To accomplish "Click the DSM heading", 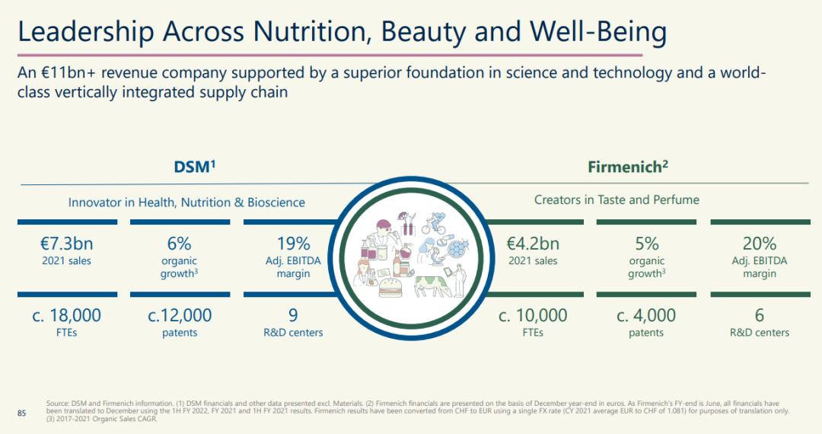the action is pyautogui.click(x=195, y=167).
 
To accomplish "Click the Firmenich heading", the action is pyautogui.click(x=627, y=167).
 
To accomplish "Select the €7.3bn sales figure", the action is pyautogui.click(x=66, y=244).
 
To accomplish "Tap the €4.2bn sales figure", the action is pyautogui.click(x=533, y=244).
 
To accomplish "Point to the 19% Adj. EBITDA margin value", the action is pyautogui.click(x=294, y=244).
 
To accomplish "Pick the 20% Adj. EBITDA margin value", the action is pyautogui.click(x=759, y=244).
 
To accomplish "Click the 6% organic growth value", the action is pyautogui.click(x=180, y=244).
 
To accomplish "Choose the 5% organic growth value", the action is pyautogui.click(x=646, y=244).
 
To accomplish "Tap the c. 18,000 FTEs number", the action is pyautogui.click(x=66, y=315).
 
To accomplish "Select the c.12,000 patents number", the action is pyautogui.click(x=180, y=315).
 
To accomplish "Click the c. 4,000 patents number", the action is pyautogui.click(x=646, y=315).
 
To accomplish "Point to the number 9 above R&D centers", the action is pyautogui.click(x=293, y=315).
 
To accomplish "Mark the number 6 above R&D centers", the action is pyautogui.click(x=759, y=315).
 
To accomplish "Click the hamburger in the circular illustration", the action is pyautogui.click(x=390, y=288).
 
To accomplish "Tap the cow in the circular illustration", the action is pyautogui.click(x=433, y=286).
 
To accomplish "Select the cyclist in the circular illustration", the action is pyautogui.click(x=435, y=223).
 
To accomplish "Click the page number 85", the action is pyautogui.click(x=21, y=413).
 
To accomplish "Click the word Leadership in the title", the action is pyautogui.click(x=86, y=32).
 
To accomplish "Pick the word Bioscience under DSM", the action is pyautogui.click(x=276, y=203).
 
